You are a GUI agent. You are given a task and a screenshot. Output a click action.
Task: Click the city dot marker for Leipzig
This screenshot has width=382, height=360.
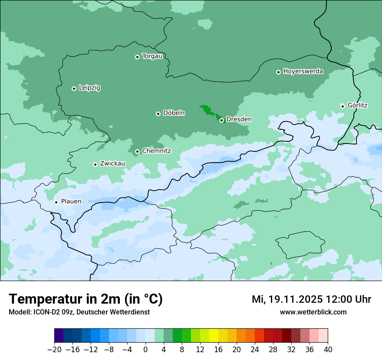74,88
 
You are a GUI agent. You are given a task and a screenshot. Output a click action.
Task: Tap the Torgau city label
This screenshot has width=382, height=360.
152,56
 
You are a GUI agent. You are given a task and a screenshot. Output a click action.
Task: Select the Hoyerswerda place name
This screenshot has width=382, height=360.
303,72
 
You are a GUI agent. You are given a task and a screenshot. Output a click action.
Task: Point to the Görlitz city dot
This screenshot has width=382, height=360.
342,106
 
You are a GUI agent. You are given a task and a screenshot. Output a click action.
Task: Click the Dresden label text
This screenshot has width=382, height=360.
239,119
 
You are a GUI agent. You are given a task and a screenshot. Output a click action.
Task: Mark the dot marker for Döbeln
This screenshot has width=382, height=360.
158,114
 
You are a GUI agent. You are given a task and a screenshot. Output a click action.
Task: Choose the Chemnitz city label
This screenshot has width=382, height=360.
156,151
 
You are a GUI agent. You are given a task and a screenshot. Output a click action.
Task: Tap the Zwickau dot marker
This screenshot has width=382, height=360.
95,164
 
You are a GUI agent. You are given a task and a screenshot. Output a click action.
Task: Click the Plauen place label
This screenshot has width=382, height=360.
71,201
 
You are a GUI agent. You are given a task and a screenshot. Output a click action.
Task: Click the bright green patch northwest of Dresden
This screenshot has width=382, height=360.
208,111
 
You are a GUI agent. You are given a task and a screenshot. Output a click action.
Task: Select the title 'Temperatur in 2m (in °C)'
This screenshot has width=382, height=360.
86,299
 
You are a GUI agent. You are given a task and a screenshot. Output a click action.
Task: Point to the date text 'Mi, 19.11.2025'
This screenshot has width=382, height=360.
286,299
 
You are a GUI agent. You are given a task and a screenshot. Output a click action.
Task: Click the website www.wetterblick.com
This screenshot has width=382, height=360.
313,312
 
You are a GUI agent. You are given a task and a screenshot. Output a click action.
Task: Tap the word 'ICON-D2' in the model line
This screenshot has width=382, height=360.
43,312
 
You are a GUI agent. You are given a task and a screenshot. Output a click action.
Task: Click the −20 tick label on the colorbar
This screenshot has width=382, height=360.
54,350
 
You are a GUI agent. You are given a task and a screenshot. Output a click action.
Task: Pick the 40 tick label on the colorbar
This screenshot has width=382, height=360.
328,350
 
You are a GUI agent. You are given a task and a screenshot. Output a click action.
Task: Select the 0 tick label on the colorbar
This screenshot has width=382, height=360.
145,350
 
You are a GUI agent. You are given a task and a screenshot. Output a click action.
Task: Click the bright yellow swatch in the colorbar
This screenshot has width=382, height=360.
214,336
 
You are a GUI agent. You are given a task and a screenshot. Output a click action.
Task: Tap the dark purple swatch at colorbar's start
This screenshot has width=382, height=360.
59,336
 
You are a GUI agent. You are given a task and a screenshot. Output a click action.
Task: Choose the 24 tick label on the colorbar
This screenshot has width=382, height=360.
255,350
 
